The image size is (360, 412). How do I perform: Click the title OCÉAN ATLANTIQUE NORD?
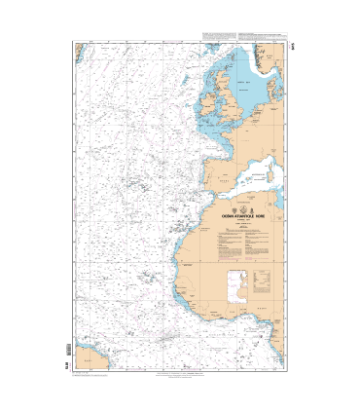point(244,216)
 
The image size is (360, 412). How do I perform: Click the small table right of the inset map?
point(262,281)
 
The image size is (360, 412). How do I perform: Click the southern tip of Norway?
point(255,60)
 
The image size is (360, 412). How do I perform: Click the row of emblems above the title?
point(244,208)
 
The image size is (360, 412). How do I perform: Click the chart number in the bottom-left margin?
point(66,366)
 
